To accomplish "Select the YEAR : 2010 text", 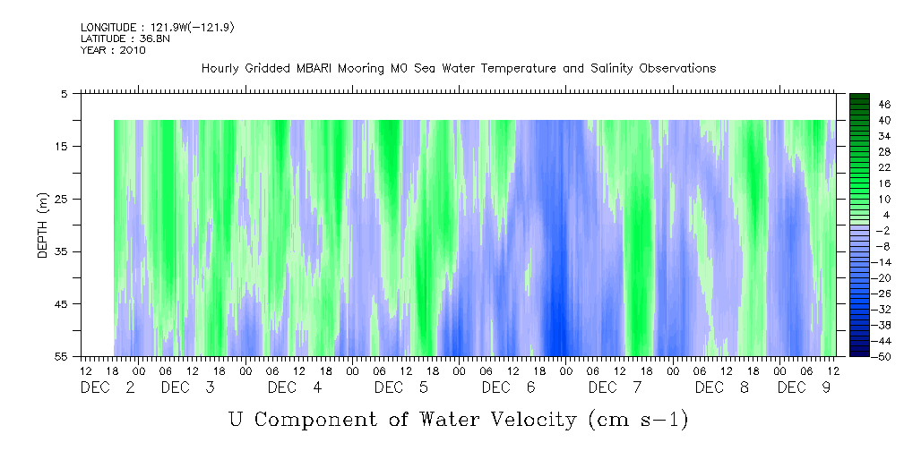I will click(x=112, y=50).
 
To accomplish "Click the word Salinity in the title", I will click(x=617, y=69).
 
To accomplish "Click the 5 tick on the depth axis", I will click(x=64, y=93).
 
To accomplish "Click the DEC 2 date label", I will click(x=108, y=387).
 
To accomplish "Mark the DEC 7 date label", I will click(x=621, y=387).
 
